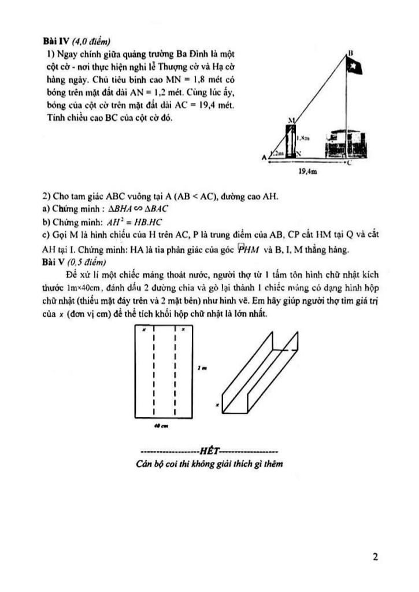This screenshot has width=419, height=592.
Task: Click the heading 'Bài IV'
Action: point(55,41)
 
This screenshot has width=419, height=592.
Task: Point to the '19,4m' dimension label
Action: point(307,172)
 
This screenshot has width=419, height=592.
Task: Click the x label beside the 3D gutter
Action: point(218,405)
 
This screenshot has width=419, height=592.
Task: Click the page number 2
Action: point(376,557)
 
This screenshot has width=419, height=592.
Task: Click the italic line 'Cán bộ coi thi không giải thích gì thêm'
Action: point(209,464)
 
